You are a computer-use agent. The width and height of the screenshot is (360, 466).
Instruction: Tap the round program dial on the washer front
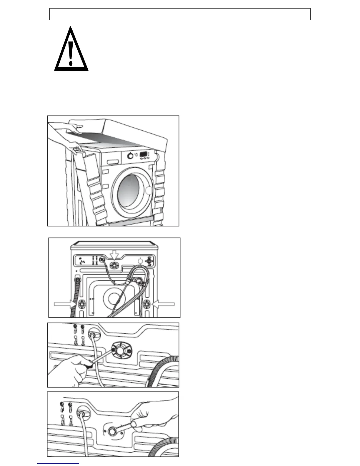tap(130, 156)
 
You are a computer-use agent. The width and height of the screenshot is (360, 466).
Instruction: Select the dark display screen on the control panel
tap(144, 154)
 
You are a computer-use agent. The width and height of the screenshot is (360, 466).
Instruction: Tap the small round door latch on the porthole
tap(149, 190)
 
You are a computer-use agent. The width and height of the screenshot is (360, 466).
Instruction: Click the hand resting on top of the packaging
tap(74, 127)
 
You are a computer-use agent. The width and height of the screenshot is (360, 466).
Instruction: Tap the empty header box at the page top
tap(180, 14)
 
